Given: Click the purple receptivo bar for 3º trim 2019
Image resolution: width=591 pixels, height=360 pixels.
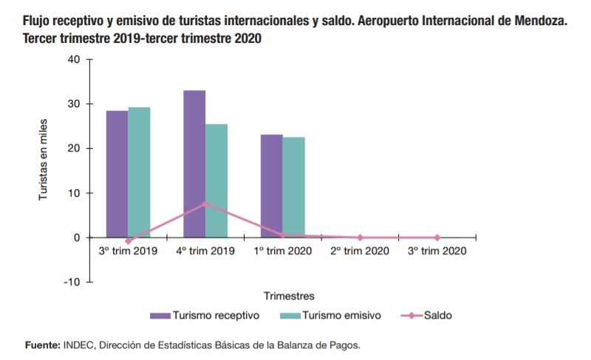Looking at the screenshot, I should (117, 174).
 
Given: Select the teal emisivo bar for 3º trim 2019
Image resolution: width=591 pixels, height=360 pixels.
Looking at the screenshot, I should (139, 172).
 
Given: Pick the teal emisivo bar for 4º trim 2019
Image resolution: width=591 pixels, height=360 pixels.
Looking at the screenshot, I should (216, 180).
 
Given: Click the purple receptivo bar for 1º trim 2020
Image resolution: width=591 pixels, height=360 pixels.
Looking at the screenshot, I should (271, 186).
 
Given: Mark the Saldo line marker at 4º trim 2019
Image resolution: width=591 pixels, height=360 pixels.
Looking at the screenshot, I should (205, 203).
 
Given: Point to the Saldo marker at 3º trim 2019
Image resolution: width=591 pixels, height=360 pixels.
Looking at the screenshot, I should (128, 241).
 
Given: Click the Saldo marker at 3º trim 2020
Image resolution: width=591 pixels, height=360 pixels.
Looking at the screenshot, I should (437, 237).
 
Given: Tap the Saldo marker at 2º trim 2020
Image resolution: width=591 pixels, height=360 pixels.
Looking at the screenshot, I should (360, 237).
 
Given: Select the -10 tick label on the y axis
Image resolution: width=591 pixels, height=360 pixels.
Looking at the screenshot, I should (72, 282).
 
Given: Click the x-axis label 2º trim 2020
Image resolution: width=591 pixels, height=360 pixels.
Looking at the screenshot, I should (360, 251).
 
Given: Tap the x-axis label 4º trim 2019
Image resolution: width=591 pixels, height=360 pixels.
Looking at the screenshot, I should (205, 251).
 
